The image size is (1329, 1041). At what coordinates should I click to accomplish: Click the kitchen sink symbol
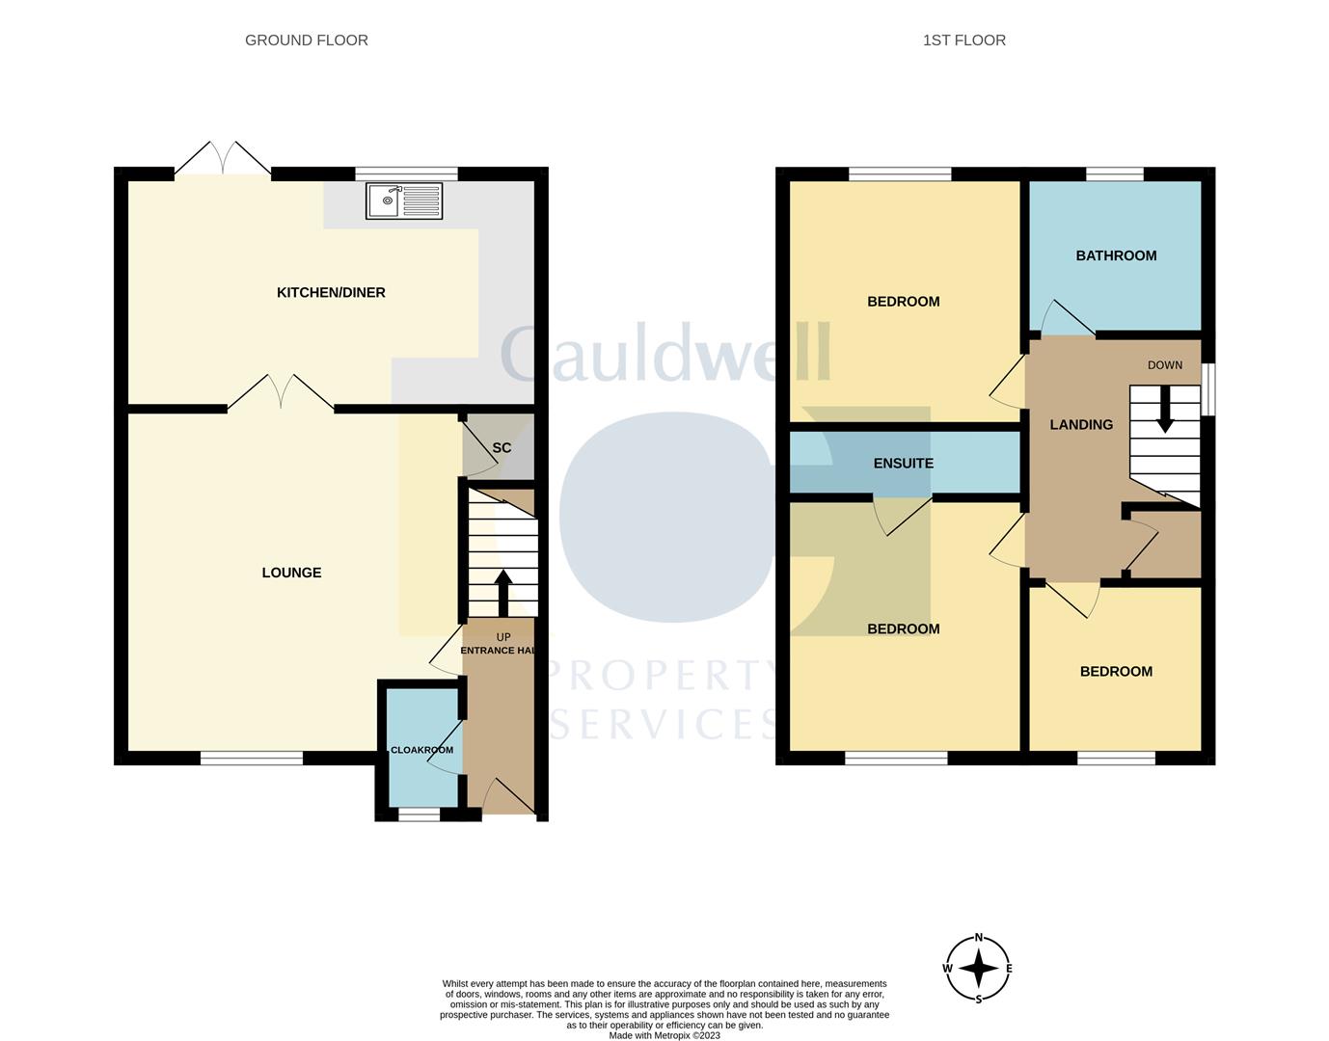point(404,200)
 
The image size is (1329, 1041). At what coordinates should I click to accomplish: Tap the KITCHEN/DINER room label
point(331,292)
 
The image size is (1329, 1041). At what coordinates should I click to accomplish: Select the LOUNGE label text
point(291,573)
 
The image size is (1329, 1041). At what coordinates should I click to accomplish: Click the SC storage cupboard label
point(502,448)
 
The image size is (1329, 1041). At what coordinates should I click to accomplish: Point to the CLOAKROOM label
point(421,750)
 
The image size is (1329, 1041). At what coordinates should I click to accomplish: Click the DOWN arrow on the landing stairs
point(1165,408)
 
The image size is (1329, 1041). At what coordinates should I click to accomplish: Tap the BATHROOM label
point(1116,255)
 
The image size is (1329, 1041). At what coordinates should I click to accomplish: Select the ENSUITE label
point(903,464)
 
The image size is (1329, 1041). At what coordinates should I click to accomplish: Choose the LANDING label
point(1081,424)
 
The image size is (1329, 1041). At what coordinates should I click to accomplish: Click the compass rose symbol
point(979,969)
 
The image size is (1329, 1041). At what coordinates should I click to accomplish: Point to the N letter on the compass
point(979,938)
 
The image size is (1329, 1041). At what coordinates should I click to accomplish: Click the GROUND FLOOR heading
point(306,40)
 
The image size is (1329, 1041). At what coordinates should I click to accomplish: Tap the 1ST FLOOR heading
point(963,40)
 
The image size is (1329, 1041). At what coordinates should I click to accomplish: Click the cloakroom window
point(419,814)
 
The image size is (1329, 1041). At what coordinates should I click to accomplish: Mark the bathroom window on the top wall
point(1114,173)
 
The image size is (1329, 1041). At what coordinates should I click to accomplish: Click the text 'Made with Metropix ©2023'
point(664,1035)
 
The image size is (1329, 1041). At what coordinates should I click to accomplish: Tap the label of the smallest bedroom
point(1116,672)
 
